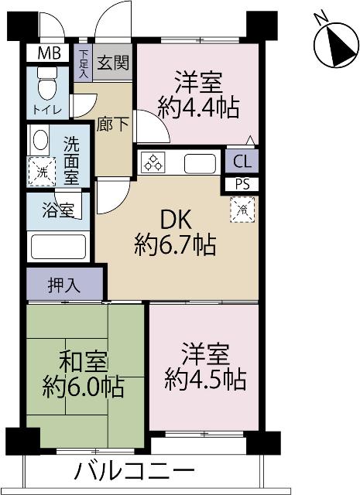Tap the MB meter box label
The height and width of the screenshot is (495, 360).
tap(47, 54)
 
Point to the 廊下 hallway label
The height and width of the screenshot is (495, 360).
tap(112, 123)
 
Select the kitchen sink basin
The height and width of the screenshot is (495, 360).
tap(200, 163)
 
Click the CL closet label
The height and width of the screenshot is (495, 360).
tap(242, 162)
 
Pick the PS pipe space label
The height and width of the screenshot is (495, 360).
tap(242, 184)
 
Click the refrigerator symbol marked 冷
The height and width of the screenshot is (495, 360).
tap(242, 207)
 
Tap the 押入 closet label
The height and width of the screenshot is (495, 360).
tap(64, 284)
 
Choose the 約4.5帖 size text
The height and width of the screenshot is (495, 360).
tap(205, 380)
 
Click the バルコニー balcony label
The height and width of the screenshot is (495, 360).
tap(135, 470)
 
